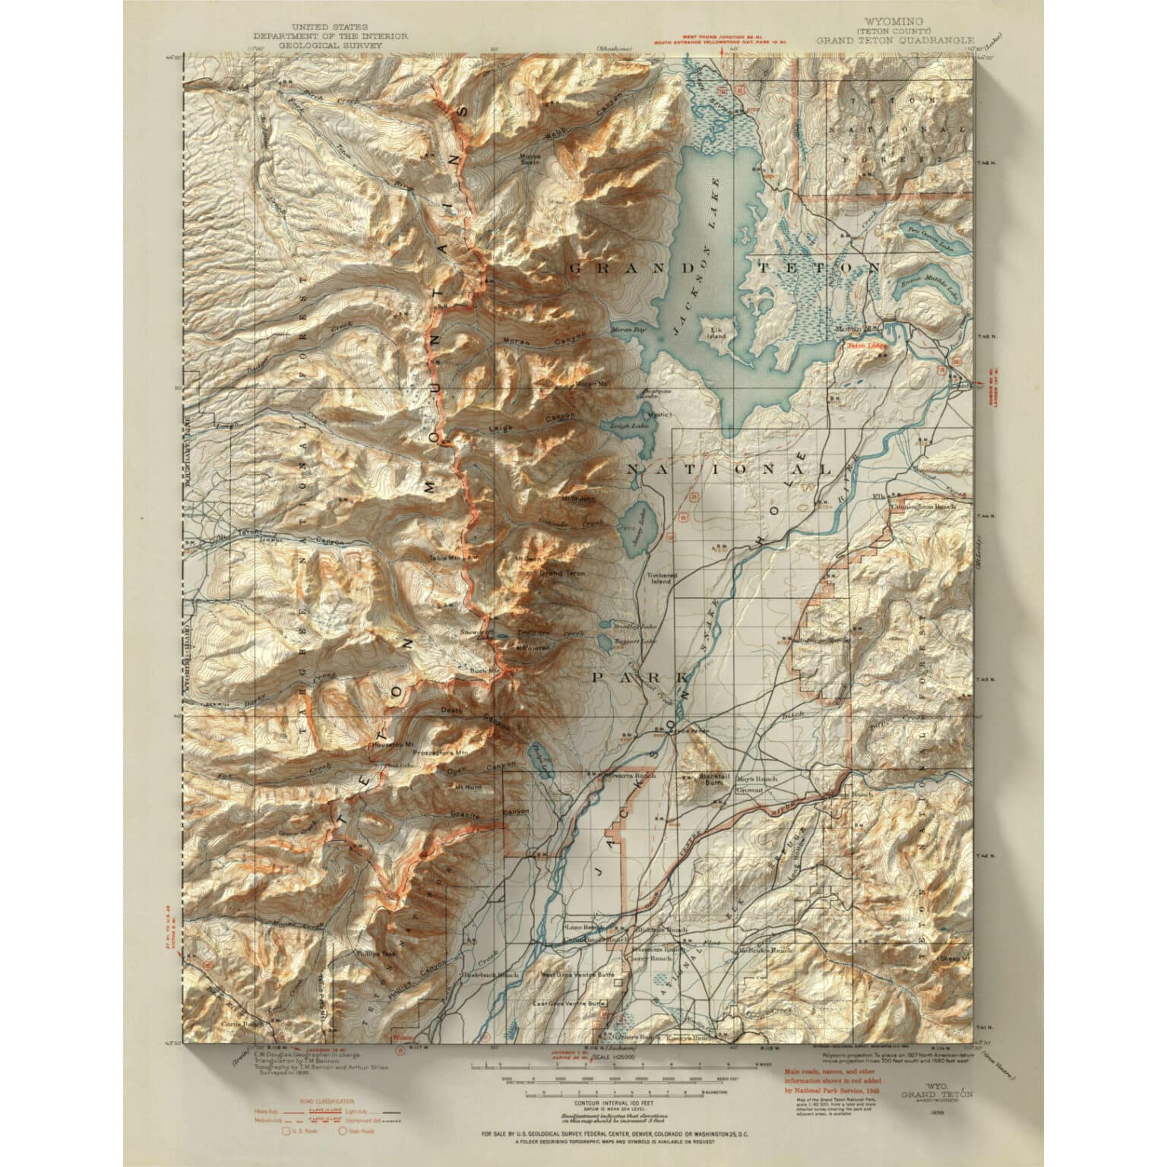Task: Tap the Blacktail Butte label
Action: pos(712,782)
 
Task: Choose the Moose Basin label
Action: pos(530,161)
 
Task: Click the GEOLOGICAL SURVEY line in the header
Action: pos(331,45)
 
